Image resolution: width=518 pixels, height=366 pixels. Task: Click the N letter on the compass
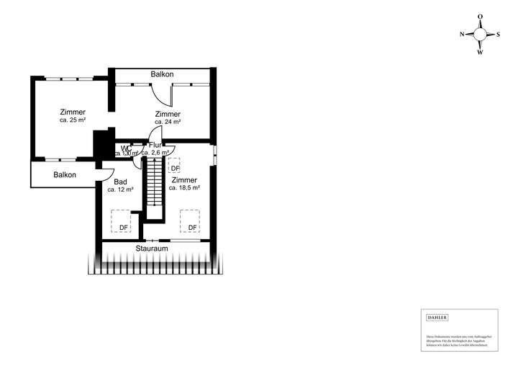pyautogui.click(x=462, y=34)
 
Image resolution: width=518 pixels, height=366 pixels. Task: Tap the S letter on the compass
pyautogui.click(x=498, y=34)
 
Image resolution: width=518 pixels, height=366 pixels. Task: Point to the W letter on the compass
pyautogui.click(x=480, y=52)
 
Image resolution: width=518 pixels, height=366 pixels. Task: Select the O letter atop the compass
pyautogui.click(x=480, y=17)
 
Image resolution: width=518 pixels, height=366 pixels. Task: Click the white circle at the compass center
pyautogui.click(x=480, y=34)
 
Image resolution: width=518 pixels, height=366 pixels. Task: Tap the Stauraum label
pyautogui.click(x=152, y=249)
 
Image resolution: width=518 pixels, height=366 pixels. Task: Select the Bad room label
pyautogui.click(x=121, y=181)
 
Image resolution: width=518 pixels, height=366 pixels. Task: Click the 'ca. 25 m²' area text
pyautogui.click(x=73, y=120)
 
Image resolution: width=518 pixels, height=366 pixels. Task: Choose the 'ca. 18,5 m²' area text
pyautogui.click(x=184, y=187)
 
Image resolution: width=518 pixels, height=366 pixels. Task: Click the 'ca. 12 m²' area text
pyautogui.click(x=121, y=189)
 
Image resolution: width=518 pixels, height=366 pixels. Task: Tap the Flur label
pyautogui.click(x=155, y=145)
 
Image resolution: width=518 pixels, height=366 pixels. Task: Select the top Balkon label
pyautogui.click(x=162, y=74)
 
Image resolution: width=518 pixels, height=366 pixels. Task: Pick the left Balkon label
pyautogui.click(x=65, y=175)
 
